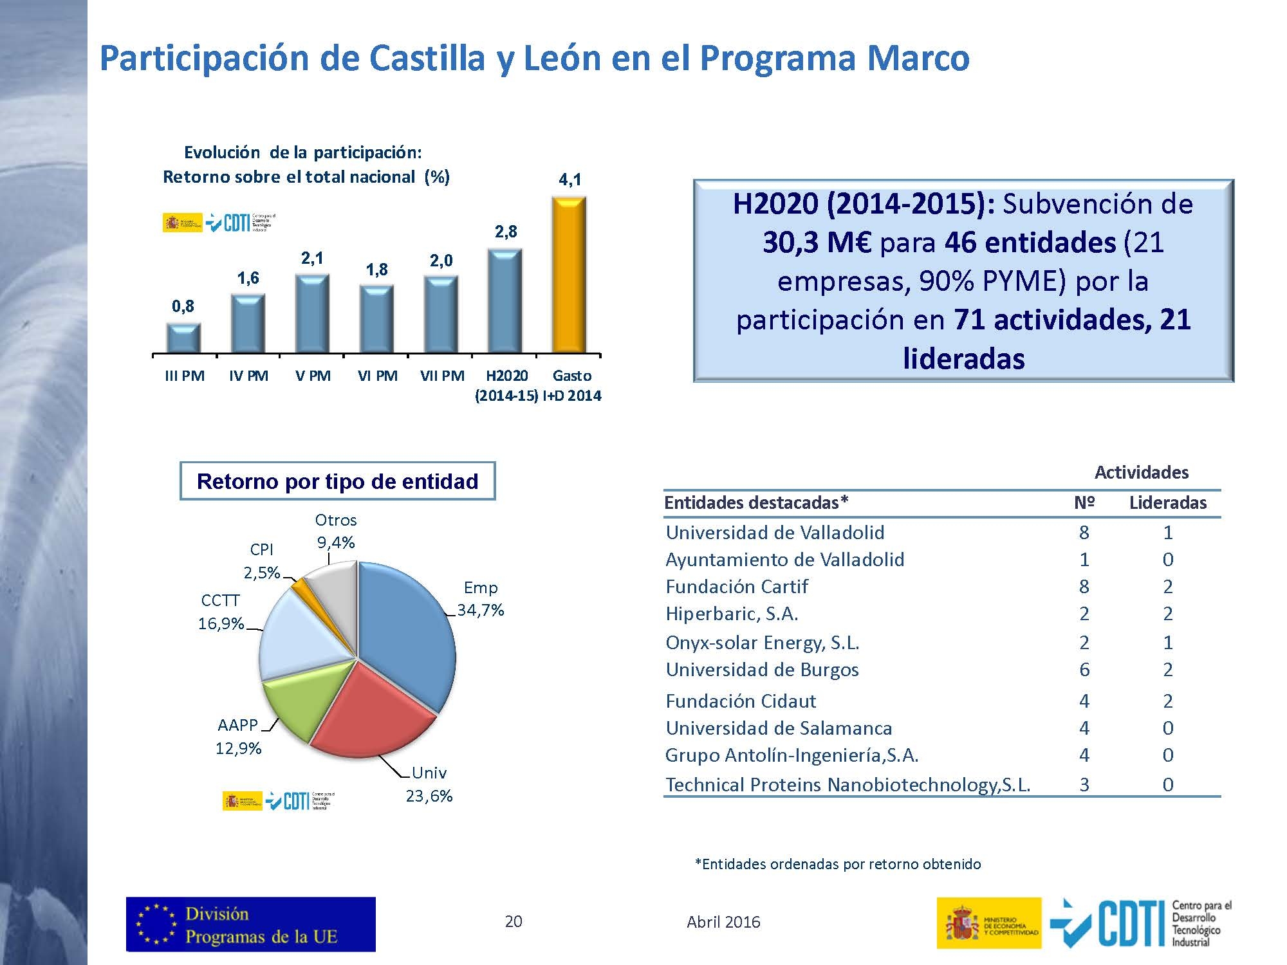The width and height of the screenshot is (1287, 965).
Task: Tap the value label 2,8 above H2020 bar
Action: (x=506, y=232)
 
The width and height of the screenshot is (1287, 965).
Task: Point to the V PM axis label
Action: (x=313, y=376)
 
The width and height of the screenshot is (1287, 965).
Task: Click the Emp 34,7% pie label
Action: (x=481, y=599)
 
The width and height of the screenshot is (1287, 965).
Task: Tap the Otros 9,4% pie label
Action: (x=336, y=531)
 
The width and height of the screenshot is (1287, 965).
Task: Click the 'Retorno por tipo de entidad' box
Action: (x=337, y=481)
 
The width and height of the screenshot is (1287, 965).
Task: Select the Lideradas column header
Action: (x=1167, y=503)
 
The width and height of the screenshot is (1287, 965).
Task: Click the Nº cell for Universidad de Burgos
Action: (x=1084, y=670)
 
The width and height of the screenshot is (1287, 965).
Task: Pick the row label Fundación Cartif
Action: (x=737, y=587)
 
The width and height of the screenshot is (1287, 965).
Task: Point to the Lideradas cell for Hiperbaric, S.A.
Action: (x=1168, y=614)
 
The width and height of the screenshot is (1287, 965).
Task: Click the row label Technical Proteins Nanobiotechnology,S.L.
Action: (x=847, y=785)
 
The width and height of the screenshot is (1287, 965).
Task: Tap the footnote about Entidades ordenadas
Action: (x=837, y=864)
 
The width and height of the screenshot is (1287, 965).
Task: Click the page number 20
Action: (x=514, y=922)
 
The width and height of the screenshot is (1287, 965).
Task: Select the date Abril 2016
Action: (x=723, y=923)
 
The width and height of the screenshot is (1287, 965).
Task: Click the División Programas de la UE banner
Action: (x=251, y=924)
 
